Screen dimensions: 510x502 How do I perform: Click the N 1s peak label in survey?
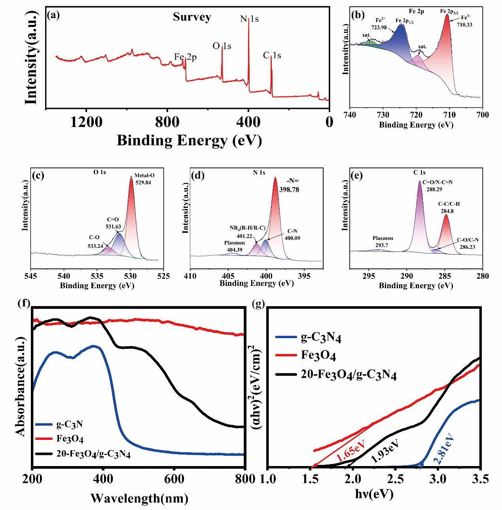pos(249,19)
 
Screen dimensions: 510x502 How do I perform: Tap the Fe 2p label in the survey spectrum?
pos(186,57)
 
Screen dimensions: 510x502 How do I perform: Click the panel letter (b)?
pos(358,15)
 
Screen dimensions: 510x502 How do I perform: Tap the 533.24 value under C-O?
pos(96,245)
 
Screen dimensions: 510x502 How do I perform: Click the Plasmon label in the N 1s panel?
pos(234,243)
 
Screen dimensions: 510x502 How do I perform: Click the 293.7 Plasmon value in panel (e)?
pos(383,245)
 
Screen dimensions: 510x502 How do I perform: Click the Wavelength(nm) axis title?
pos(139,497)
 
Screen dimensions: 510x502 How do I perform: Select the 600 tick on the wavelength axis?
pos(174,478)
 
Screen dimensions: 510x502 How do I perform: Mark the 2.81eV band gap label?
pos(443,449)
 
